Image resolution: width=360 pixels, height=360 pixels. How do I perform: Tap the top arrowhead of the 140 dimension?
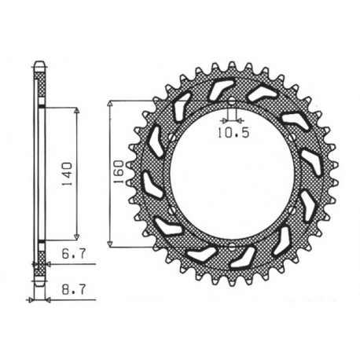[x=76, y=111]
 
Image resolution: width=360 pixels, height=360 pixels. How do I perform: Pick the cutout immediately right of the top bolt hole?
[x=262, y=94]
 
